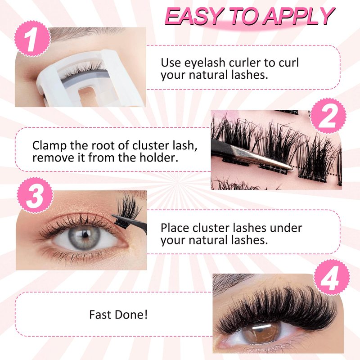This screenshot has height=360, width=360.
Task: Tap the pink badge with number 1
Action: [32, 38]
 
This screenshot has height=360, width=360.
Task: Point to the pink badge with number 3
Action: [35, 195]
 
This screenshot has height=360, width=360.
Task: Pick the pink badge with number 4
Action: [332, 278]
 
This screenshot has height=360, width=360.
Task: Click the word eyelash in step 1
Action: [206, 63]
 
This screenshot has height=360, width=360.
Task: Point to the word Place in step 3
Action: [175, 228]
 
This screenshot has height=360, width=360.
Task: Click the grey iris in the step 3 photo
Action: [84, 237]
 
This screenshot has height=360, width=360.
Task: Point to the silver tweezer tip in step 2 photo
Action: [290, 168]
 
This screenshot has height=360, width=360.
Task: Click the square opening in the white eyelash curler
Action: [89, 94]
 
